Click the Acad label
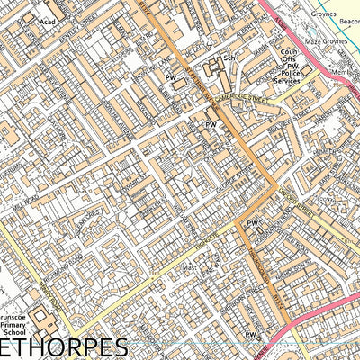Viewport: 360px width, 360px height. tap(47, 19)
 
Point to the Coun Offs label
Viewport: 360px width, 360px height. tap(289, 57)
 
